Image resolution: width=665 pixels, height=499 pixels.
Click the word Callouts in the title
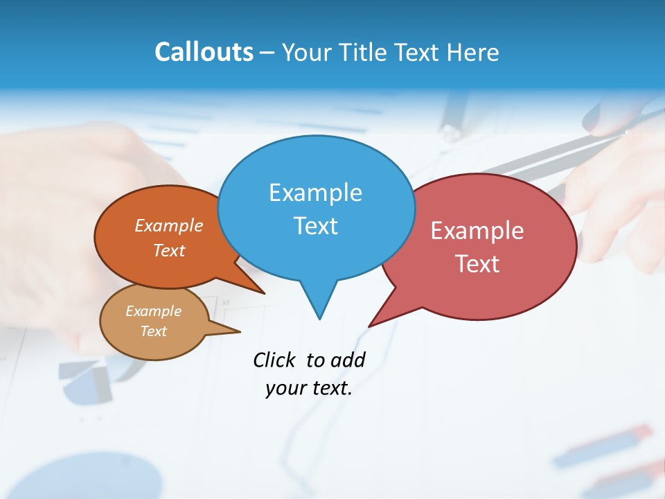pos(204,52)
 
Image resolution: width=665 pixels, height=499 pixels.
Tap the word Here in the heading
pos(473,52)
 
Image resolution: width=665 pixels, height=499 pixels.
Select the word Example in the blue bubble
pos(315,193)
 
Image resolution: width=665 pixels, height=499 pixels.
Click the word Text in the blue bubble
pos(315,226)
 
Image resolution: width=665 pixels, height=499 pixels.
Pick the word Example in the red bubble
pos(477,231)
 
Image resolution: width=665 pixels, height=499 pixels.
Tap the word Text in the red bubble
pos(477,264)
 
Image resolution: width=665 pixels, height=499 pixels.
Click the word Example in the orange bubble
pos(169,226)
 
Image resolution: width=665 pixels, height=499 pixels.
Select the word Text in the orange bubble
pos(169,250)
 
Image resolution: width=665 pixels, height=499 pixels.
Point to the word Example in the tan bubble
pos(153,311)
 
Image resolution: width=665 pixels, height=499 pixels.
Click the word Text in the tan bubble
pos(153,331)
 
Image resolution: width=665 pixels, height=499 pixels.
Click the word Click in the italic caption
pos(274,360)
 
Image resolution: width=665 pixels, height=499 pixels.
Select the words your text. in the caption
pos(309,388)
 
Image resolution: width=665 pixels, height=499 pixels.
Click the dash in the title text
pos(268,53)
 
